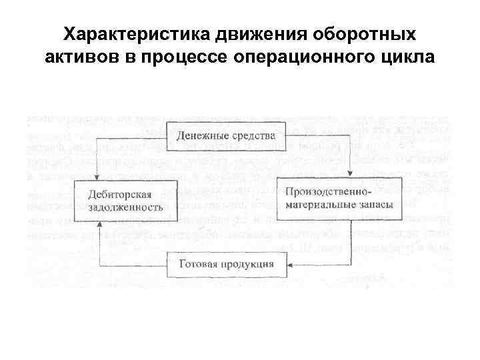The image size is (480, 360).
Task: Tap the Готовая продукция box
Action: [x=226, y=264]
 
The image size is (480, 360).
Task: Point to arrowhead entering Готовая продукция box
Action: [x=296, y=265]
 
